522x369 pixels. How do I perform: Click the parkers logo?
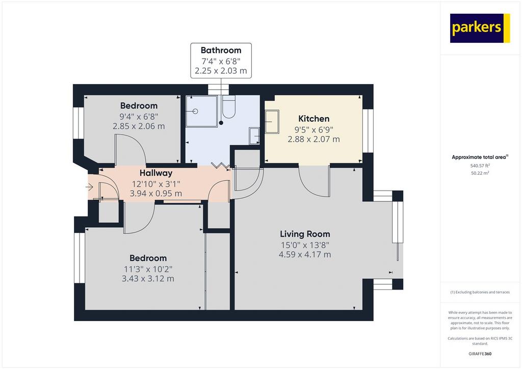tap(480, 28)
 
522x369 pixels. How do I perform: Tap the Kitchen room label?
tap(314, 119)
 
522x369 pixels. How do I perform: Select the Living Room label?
tap(305, 234)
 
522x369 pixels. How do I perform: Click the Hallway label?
tap(156, 173)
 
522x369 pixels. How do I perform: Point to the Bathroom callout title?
tap(221, 50)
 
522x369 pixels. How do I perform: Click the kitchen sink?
tap(272, 121)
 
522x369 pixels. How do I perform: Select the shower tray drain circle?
tap(195, 111)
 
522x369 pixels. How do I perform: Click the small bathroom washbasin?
tap(255, 136)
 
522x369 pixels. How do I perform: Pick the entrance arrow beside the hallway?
tap(89, 188)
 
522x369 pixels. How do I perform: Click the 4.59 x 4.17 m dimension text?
tap(305, 255)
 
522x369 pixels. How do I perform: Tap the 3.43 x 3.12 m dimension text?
tap(148, 279)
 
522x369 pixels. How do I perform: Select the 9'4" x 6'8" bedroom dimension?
tap(139, 116)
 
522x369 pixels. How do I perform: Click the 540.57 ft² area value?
tap(480, 165)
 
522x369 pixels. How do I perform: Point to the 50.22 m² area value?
tap(480, 173)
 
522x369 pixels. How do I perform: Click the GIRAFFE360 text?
tap(480, 354)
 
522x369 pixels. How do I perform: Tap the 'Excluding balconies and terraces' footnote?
tap(480, 292)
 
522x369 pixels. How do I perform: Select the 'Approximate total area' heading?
tap(480, 157)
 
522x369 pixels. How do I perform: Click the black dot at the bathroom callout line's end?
tap(221, 123)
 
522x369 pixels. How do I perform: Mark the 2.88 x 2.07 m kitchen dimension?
tap(314, 140)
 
